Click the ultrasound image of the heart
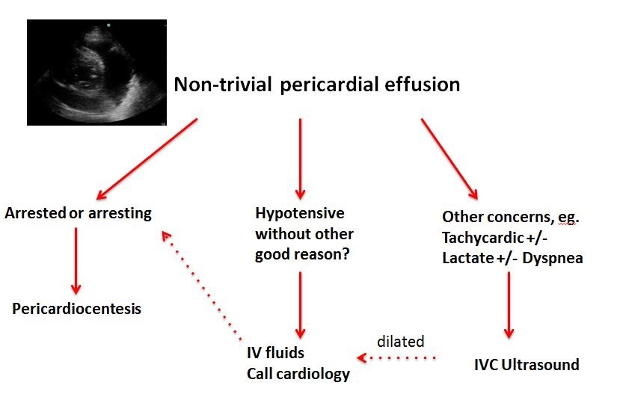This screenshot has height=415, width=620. [x=97, y=73]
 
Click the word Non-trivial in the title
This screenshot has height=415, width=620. [x=223, y=84]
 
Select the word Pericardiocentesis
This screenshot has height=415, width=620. [x=77, y=309]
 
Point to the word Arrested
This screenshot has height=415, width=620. [x=36, y=213]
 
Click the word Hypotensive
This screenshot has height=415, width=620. [x=300, y=213]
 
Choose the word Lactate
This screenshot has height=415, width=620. [x=467, y=258]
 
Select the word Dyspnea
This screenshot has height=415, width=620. [x=553, y=259]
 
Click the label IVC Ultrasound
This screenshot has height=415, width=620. [x=527, y=365]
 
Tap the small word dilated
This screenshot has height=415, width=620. [x=401, y=342]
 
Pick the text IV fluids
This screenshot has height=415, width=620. [x=276, y=353]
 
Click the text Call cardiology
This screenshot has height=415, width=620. [x=298, y=374]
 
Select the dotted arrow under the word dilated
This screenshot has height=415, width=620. [x=396, y=358]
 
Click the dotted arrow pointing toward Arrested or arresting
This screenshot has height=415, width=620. [x=202, y=286]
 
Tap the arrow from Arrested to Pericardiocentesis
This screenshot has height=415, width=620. [x=76, y=261]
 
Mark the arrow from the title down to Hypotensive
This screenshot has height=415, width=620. [x=300, y=159]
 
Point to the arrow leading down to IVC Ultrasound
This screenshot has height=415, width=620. [x=509, y=306]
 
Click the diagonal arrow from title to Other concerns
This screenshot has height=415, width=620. [x=449, y=159]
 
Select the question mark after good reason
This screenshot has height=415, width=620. [x=346, y=253]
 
